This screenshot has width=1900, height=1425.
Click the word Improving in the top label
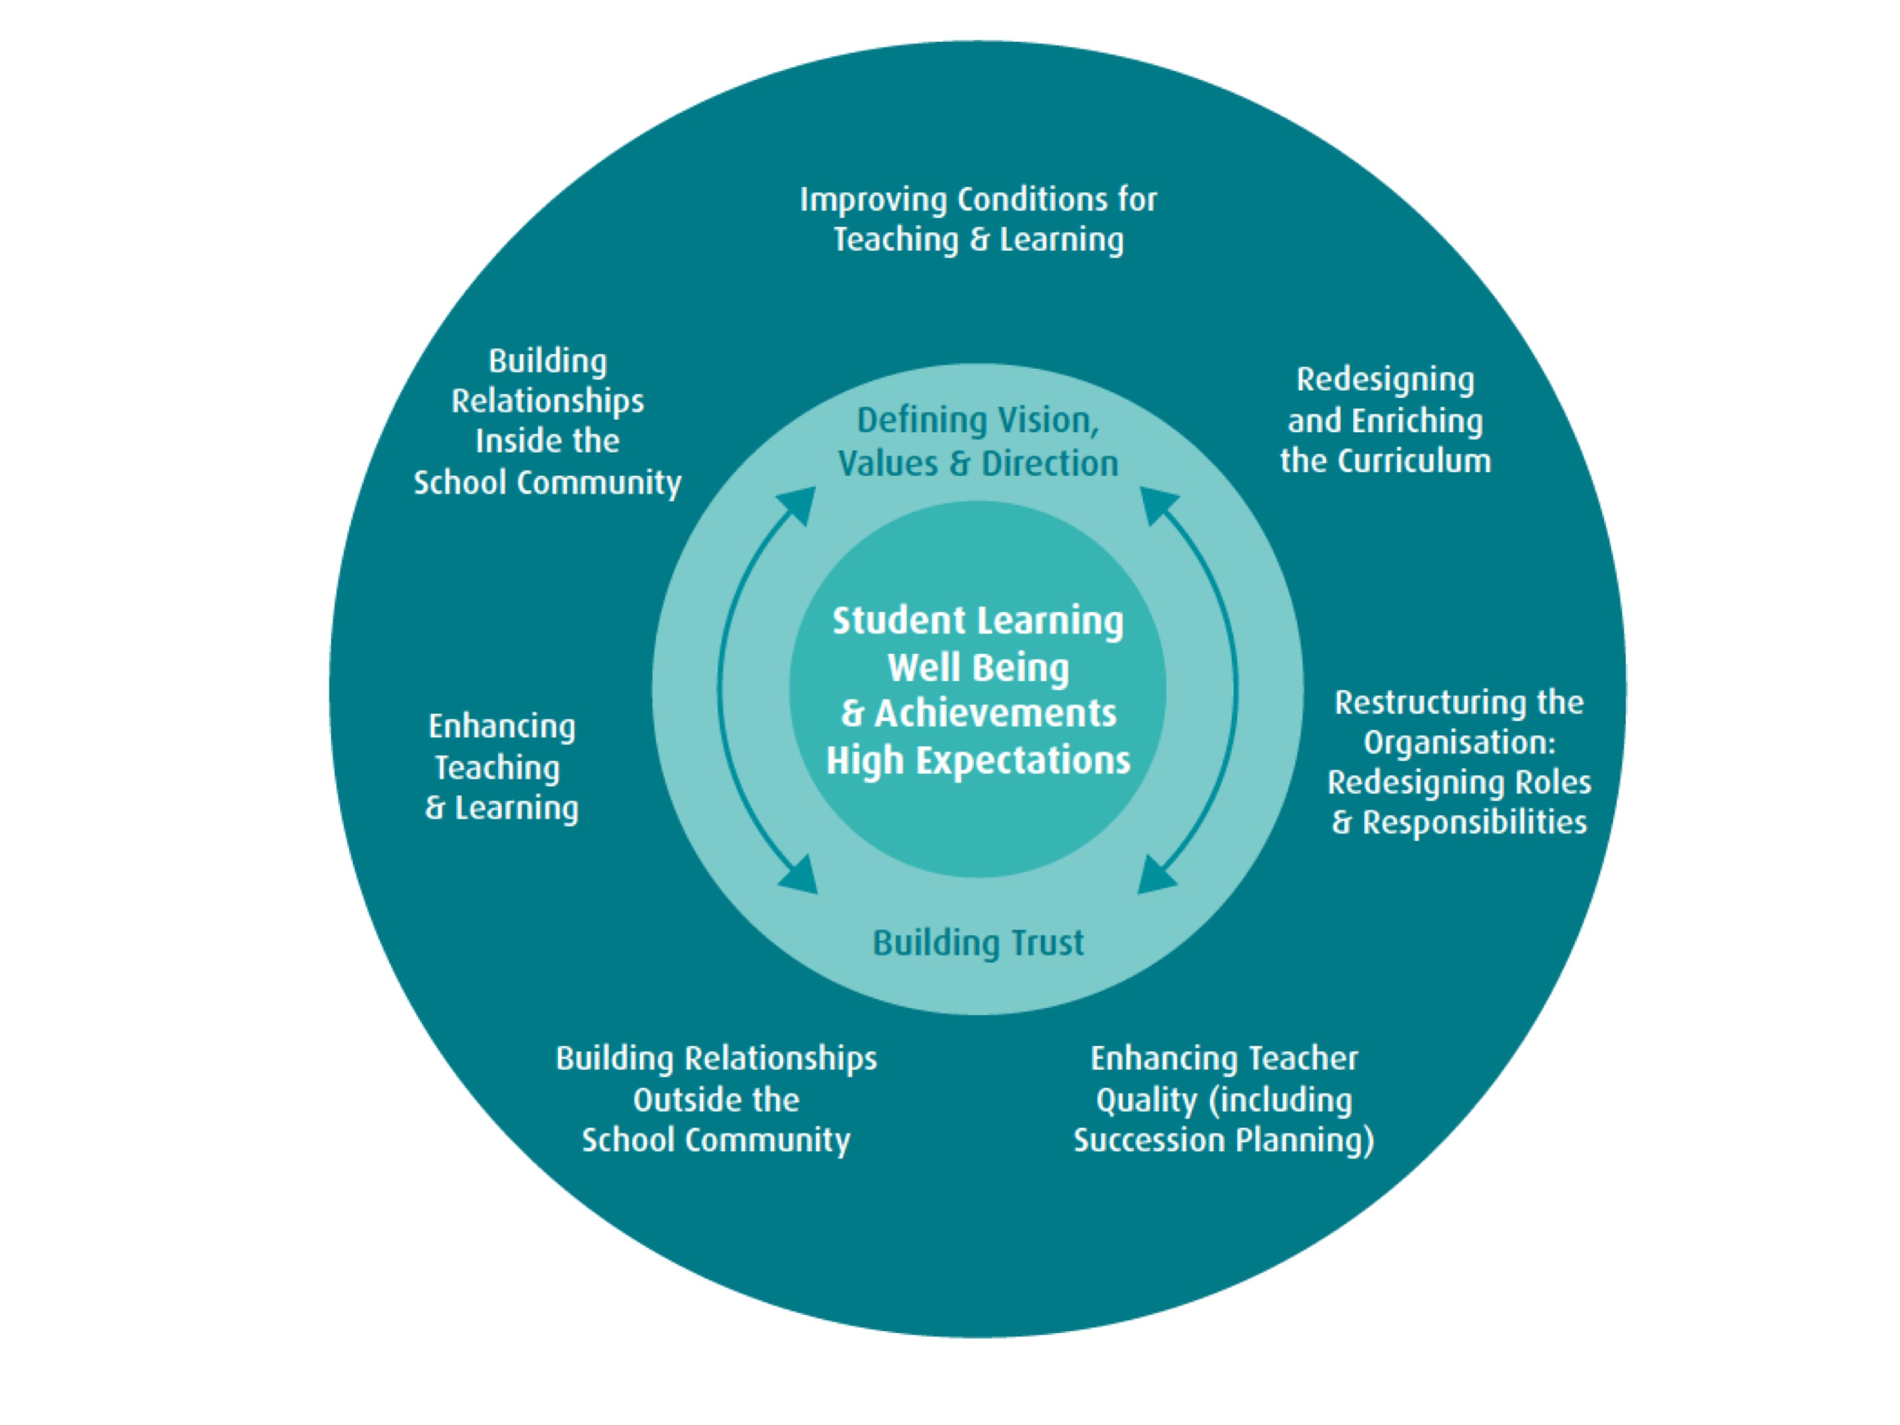coord(874,201)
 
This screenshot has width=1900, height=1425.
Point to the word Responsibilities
coord(1474,823)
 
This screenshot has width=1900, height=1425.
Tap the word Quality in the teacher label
coord(1147,1101)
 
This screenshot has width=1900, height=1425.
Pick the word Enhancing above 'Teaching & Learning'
coord(502,727)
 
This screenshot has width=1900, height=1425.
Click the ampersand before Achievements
coord(852,714)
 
